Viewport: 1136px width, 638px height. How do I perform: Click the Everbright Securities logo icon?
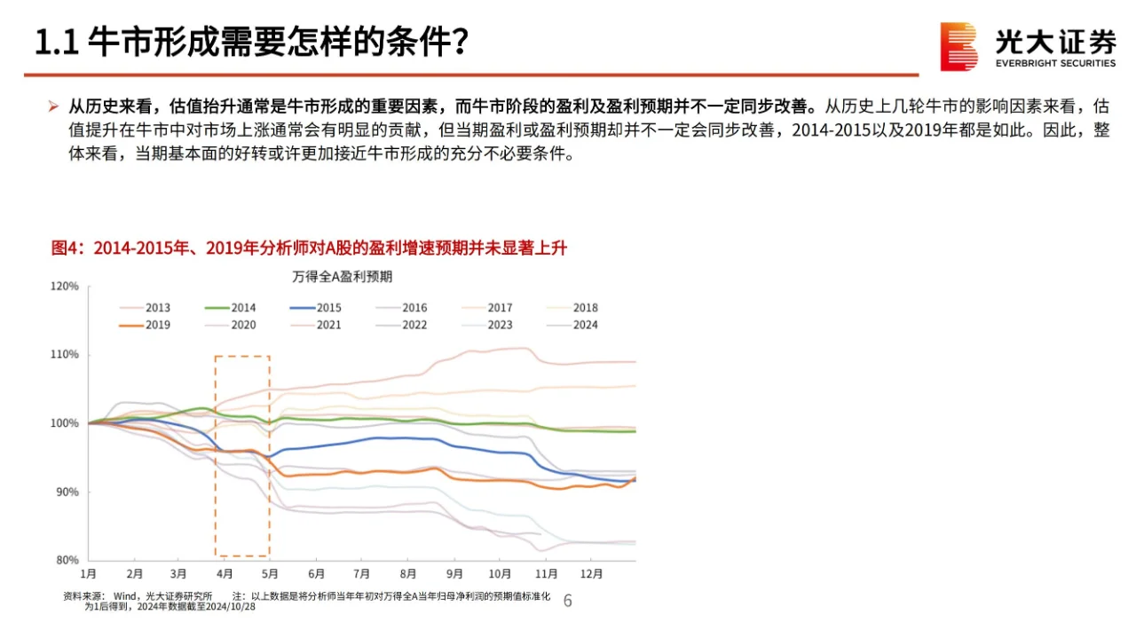tap(958, 46)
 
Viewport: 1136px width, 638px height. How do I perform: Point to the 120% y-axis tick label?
tap(65, 287)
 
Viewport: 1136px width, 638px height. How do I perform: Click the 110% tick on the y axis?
tap(65, 355)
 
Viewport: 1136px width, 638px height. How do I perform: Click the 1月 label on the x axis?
tap(89, 574)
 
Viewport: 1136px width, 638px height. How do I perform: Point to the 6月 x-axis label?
tap(316, 574)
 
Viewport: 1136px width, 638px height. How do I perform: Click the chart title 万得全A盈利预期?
tap(343, 276)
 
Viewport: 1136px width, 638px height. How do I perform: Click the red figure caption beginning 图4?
tap(308, 248)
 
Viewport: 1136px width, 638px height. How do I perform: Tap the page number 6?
tap(568, 602)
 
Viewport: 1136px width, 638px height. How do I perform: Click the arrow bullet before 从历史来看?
tap(53, 106)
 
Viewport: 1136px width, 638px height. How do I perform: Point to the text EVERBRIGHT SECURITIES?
tap(1055, 63)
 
